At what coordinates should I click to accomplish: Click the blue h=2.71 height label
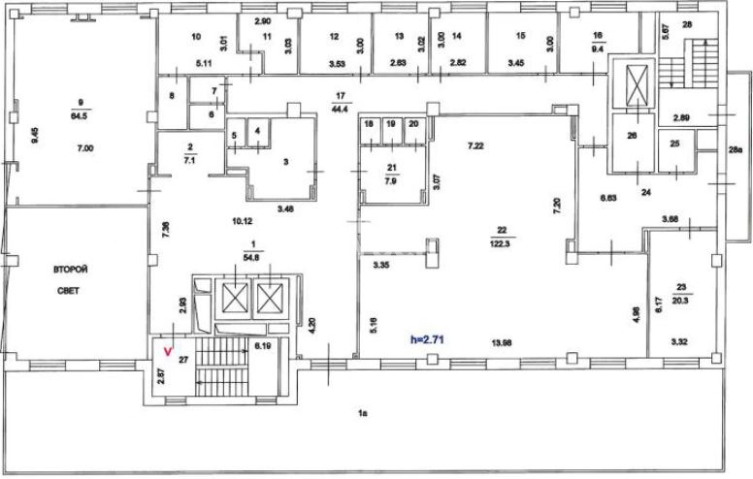pyautogui.click(x=428, y=340)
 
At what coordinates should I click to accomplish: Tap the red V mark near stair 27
pyautogui.click(x=170, y=351)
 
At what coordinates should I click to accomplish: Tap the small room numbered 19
pyautogui.click(x=390, y=125)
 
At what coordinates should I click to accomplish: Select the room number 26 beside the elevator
pyautogui.click(x=632, y=136)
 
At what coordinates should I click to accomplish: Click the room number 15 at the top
pyautogui.click(x=520, y=36)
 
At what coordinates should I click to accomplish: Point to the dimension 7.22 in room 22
pyautogui.click(x=475, y=146)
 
